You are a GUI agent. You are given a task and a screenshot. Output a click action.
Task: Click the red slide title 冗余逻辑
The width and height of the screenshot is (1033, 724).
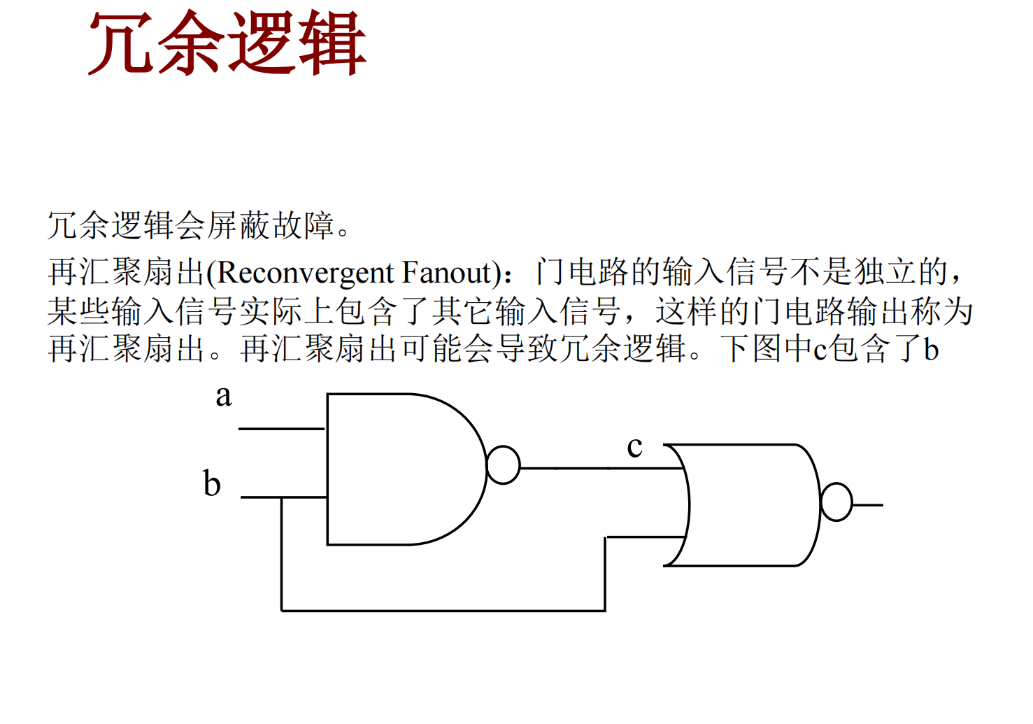click(227, 43)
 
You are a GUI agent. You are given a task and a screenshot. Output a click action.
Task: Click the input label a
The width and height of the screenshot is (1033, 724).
click(224, 396)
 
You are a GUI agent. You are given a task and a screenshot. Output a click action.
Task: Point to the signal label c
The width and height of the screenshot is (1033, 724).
click(634, 447)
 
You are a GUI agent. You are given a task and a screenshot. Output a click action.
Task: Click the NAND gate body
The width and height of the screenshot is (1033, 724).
click(406, 469)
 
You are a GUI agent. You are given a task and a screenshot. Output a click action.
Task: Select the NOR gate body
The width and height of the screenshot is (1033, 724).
click(743, 505)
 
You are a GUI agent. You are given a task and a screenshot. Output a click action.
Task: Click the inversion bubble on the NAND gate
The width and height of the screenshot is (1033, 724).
click(503, 465)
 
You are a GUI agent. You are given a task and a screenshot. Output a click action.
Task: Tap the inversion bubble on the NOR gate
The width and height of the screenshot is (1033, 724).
click(836, 502)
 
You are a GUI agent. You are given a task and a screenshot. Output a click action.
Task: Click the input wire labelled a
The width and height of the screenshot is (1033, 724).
click(282, 429)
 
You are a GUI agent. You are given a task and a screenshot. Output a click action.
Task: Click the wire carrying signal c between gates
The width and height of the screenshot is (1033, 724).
click(601, 468)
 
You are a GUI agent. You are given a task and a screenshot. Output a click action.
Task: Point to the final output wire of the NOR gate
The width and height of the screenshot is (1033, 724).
click(868, 505)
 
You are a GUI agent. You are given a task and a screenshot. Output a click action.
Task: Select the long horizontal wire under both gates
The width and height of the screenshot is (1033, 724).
click(443, 611)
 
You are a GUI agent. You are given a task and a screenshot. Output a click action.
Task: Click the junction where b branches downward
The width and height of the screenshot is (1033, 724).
click(282, 498)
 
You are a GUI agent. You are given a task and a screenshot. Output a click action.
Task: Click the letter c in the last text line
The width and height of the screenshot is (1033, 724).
click(820, 350)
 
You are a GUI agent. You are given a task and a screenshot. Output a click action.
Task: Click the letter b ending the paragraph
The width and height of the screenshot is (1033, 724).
click(932, 348)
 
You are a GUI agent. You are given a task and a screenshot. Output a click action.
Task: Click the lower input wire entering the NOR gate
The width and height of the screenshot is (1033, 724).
click(646, 537)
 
